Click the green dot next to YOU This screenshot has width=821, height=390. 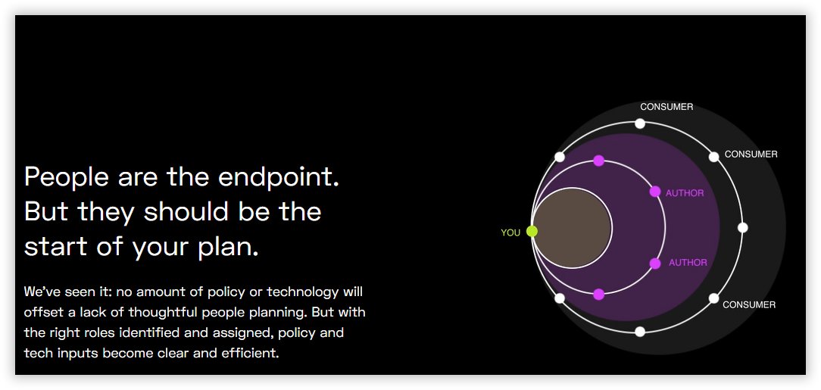pyautogui.click(x=532, y=231)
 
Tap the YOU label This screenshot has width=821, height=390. pyautogui.click(x=510, y=232)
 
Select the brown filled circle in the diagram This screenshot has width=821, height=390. pyautogui.click(x=573, y=228)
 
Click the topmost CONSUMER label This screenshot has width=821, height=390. pyautogui.click(x=666, y=107)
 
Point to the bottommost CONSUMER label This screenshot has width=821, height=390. pyautogui.click(x=749, y=304)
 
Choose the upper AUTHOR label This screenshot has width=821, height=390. pyautogui.click(x=685, y=193)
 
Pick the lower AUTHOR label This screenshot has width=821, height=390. pyautogui.click(x=688, y=263)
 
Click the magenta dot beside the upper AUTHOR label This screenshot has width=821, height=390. pyautogui.click(x=655, y=192)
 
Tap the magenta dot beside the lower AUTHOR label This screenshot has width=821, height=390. pyautogui.click(x=655, y=264)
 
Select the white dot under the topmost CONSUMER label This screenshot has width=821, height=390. pyautogui.click(x=640, y=123)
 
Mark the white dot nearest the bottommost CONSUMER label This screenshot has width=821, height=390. pyautogui.click(x=713, y=298)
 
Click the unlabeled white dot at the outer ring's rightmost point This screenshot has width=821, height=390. pyautogui.click(x=742, y=227)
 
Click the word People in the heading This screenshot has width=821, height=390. pyautogui.click(x=67, y=177)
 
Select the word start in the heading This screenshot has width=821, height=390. pyautogui.click(x=57, y=247)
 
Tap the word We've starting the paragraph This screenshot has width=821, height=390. pyautogui.click(x=42, y=292)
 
